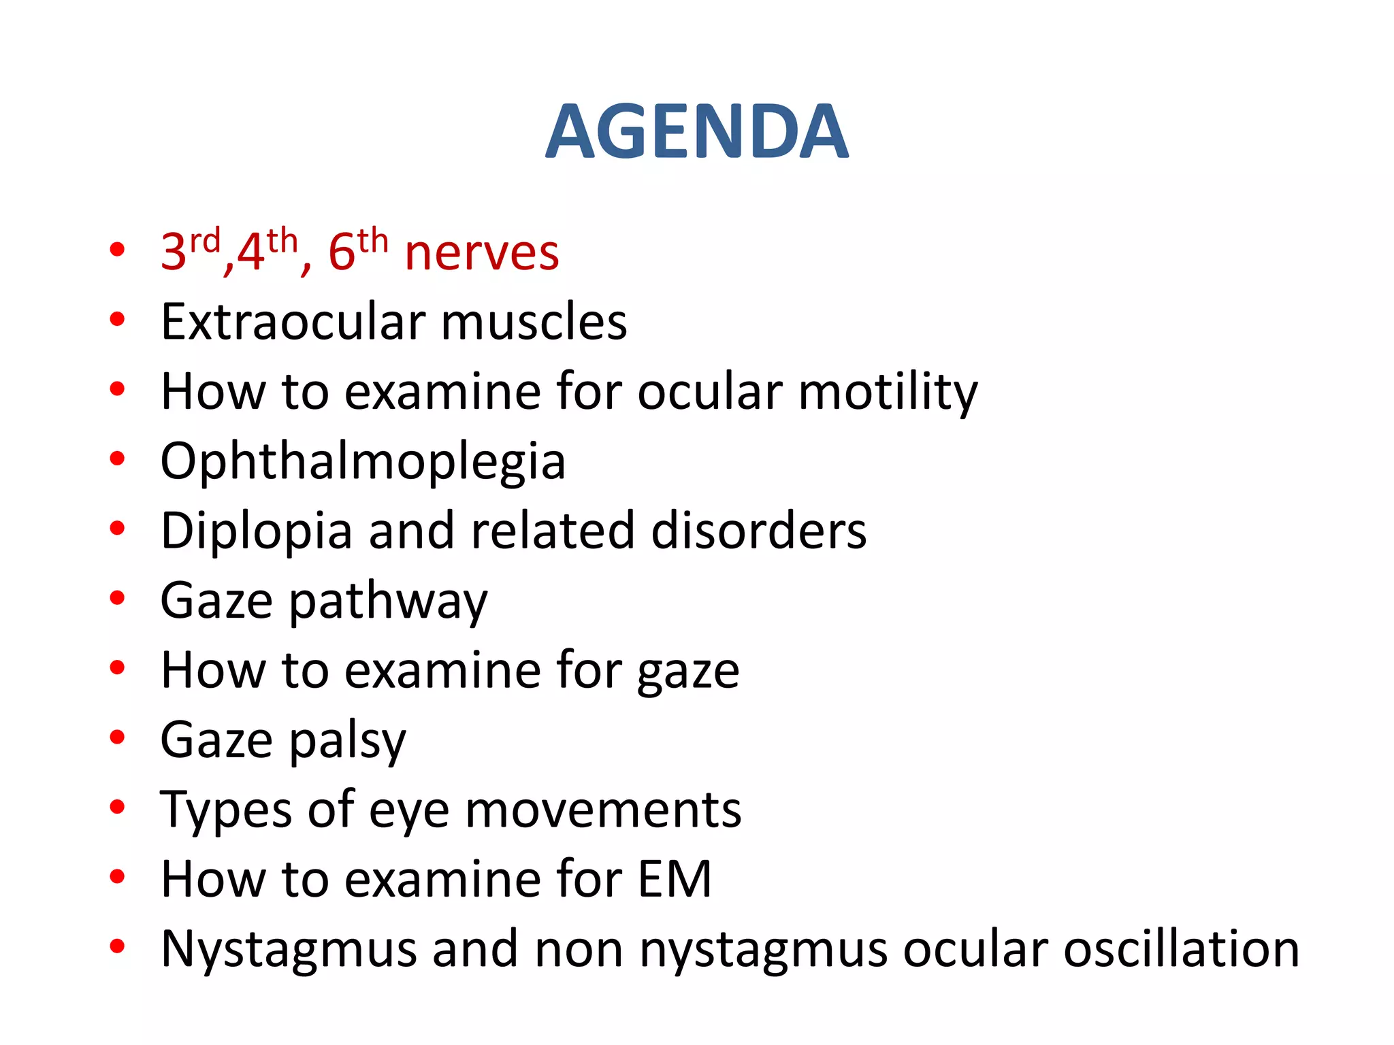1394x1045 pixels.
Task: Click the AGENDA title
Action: pyautogui.click(x=696, y=132)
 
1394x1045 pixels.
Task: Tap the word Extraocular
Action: pyautogui.click(x=293, y=322)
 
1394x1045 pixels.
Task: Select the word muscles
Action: pyautogui.click(x=534, y=322)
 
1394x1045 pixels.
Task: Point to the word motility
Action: pyautogui.click(x=888, y=393)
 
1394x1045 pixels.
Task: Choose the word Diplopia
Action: pyautogui.click(x=256, y=531)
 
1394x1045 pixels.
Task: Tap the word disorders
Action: pyautogui.click(x=758, y=531)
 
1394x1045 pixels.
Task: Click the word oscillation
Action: pyautogui.click(x=1181, y=949)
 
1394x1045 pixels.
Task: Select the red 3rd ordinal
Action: pyautogui.click(x=190, y=250)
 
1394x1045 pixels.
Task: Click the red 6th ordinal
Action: pyautogui.click(x=357, y=250)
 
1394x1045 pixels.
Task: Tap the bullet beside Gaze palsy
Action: pyautogui.click(x=117, y=737)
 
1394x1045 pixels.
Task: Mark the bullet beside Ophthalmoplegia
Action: pyautogui.click(x=117, y=459)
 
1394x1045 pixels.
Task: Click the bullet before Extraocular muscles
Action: pyautogui.click(x=117, y=319)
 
